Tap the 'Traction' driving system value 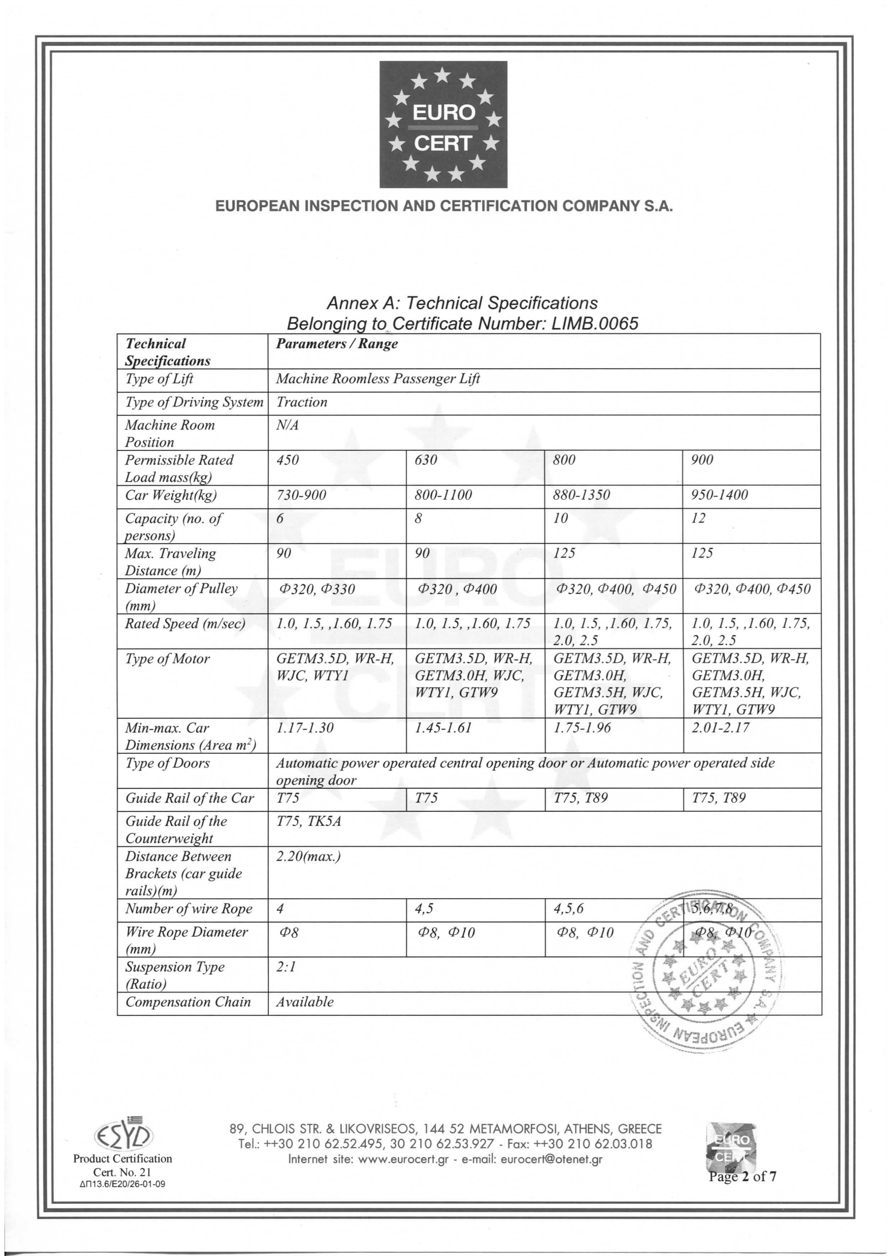302,402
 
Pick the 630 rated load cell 426,460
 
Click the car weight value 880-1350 581,495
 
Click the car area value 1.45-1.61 443,728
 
